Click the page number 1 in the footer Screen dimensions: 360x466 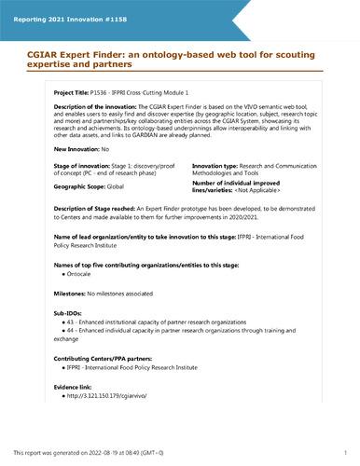[345, 452]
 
